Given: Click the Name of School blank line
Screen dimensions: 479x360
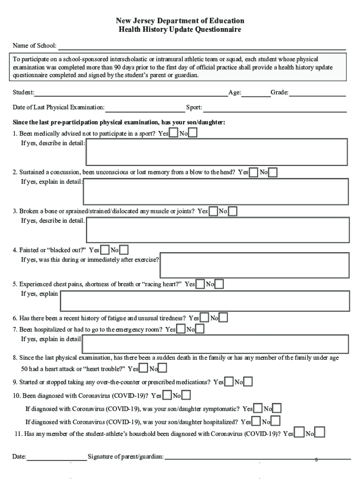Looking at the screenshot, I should [x=201, y=46].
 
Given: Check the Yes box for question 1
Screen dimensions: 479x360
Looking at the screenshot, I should [x=173, y=133].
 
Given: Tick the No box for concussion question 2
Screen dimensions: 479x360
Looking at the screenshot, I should [x=273, y=172].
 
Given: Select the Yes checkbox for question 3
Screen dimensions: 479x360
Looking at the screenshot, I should [x=213, y=211].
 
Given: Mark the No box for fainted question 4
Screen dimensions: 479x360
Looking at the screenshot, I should [x=124, y=250].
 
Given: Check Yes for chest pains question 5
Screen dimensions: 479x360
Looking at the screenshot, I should [x=200, y=284].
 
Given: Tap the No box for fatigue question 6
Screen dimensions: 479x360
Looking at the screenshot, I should [x=223, y=318].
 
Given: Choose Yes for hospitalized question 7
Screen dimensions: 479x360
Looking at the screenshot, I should [x=181, y=329].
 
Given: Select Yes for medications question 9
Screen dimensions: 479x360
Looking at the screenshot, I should [x=229, y=382].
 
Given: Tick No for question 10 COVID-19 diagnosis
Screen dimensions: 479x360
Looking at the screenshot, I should [x=186, y=396].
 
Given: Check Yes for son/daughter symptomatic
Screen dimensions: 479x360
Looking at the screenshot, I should [x=258, y=409].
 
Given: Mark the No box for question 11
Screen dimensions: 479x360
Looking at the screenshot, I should [x=320, y=433].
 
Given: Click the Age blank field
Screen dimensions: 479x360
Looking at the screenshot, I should [x=256, y=93].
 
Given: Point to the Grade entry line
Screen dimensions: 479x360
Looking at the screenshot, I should [x=317, y=93].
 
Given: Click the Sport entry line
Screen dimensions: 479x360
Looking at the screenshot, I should [x=274, y=109].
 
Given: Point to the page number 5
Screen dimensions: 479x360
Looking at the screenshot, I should [x=316, y=460].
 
